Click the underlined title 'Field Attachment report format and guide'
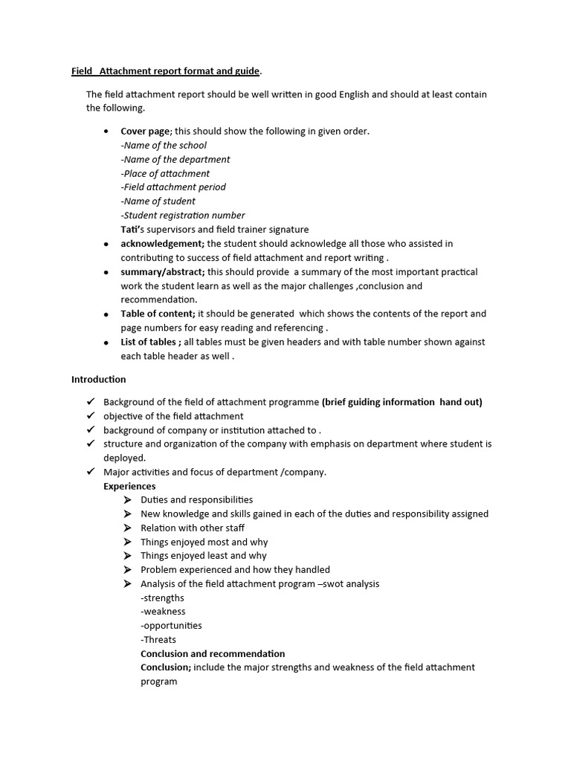(165, 71)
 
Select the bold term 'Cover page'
(146, 132)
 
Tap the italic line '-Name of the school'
(164, 146)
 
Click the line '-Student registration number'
(183, 216)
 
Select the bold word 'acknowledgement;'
(163, 244)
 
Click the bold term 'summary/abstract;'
(163, 272)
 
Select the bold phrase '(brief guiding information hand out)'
(401, 402)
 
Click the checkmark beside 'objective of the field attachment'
(90, 416)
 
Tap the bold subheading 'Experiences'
(129, 486)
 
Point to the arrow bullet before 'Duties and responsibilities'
(127, 500)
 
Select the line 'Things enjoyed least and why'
(203, 556)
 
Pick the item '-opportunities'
(171, 626)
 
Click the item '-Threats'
(158, 640)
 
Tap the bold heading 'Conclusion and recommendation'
(213, 654)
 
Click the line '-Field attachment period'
(173, 187)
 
